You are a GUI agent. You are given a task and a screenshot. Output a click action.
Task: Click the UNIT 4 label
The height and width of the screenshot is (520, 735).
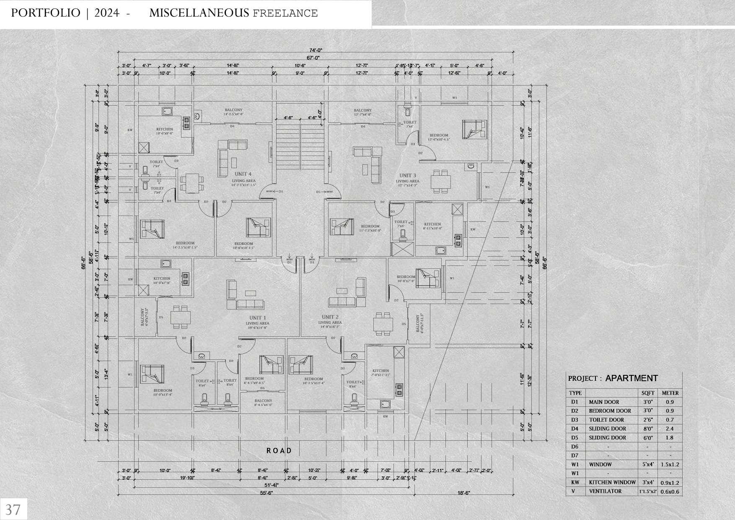pyautogui.click(x=243, y=174)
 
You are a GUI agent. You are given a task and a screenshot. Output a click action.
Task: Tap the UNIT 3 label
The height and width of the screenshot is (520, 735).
pyautogui.click(x=407, y=176)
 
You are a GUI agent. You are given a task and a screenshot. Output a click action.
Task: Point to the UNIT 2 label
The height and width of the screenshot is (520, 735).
pyautogui.click(x=330, y=317)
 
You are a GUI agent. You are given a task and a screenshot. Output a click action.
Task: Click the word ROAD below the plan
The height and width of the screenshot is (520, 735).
pyautogui.click(x=279, y=451)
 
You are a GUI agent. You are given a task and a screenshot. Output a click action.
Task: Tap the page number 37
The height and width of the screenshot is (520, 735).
pyautogui.click(x=13, y=510)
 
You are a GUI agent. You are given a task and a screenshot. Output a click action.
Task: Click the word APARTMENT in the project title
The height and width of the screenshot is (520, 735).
pyautogui.click(x=631, y=378)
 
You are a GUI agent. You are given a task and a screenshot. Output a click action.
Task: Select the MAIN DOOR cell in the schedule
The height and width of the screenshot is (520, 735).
pyautogui.click(x=604, y=402)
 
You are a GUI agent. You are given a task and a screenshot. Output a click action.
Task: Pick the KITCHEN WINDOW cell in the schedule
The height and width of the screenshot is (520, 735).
pyautogui.click(x=612, y=482)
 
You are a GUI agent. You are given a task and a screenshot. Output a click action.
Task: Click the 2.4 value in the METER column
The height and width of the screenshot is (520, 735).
pyautogui.click(x=669, y=429)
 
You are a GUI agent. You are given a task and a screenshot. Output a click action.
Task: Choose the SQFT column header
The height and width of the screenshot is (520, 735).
pyautogui.click(x=647, y=393)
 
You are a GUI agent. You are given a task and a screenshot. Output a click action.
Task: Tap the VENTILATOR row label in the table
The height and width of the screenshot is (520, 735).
pyautogui.click(x=605, y=491)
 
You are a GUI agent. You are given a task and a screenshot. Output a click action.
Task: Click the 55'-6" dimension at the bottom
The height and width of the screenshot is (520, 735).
pyautogui.click(x=265, y=494)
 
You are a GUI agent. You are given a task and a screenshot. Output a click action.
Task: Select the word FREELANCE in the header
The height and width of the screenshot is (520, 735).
pyautogui.click(x=285, y=13)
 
